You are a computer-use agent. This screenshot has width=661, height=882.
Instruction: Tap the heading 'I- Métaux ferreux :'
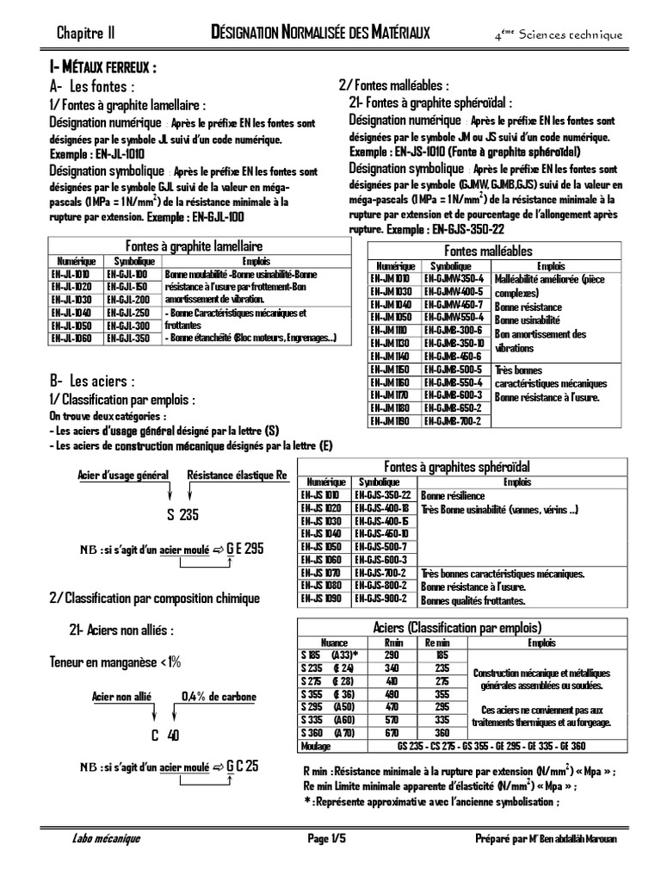[102, 68]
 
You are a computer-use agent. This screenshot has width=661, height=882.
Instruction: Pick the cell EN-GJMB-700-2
[456, 421]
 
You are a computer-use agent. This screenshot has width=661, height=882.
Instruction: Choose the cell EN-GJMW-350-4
[456, 279]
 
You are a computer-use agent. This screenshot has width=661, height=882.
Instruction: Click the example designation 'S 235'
[182, 515]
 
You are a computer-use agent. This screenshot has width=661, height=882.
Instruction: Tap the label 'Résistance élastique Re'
[237, 475]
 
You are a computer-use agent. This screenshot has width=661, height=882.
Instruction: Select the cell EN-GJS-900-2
[384, 599]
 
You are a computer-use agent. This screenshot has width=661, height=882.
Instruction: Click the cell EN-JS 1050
[321, 547]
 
